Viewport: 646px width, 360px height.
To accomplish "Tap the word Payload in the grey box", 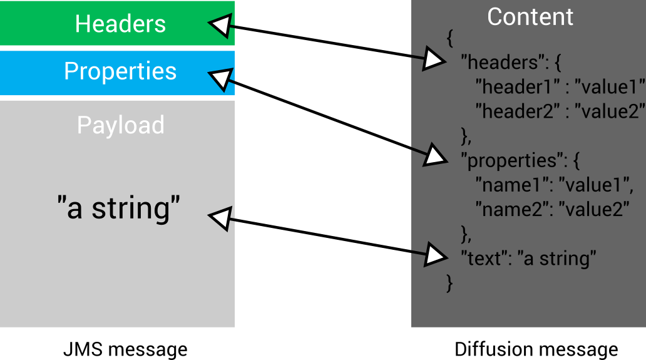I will click(x=120, y=125).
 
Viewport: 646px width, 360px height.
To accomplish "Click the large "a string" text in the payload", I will click(x=119, y=208).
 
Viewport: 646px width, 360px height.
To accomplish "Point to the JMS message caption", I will click(x=125, y=349).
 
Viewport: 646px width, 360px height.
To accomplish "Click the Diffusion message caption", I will click(x=536, y=349).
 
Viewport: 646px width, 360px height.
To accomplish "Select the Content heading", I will click(x=530, y=17).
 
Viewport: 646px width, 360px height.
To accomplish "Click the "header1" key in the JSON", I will click(x=511, y=87).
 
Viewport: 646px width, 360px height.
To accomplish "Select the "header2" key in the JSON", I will click(x=511, y=111).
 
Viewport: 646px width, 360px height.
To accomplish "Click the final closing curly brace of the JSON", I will click(x=449, y=282).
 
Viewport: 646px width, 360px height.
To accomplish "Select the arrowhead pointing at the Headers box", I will click(x=218, y=26).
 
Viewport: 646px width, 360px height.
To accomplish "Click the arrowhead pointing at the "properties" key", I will click(x=436, y=155).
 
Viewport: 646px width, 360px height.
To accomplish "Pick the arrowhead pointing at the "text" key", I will click(x=436, y=254).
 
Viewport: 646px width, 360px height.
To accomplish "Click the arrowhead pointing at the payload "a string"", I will click(x=218, y=219).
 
